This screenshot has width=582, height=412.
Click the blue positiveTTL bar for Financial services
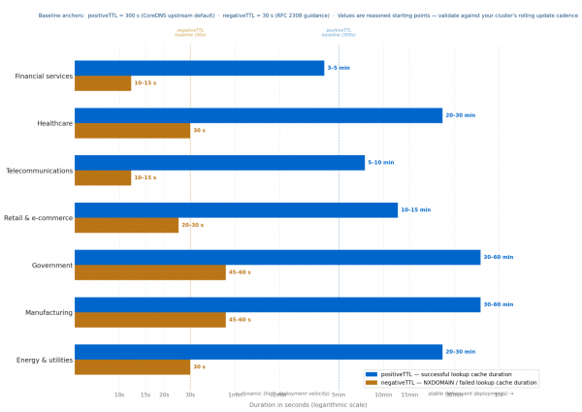point(199,68)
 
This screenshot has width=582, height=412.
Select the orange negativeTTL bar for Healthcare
point(132,130)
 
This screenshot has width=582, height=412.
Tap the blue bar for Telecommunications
point(219,162)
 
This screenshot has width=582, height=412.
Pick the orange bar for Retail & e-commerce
point(126,225)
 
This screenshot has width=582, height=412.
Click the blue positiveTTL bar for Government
point(277,257)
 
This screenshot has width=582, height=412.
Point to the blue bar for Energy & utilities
point(258,351)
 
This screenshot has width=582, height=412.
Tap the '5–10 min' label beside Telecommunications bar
point(381,162)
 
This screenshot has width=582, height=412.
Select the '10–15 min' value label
point(415,209)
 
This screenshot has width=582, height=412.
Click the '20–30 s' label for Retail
point(193,225)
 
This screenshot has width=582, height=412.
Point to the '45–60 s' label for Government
point(240,272)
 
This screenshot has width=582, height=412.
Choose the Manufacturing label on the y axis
point(47,312)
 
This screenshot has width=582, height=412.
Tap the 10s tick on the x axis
point(119,395)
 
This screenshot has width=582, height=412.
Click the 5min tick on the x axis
point(339,395)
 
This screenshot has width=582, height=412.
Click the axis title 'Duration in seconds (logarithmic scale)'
point(307,404)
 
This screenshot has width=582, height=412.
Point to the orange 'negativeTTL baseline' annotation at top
point(190,32)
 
